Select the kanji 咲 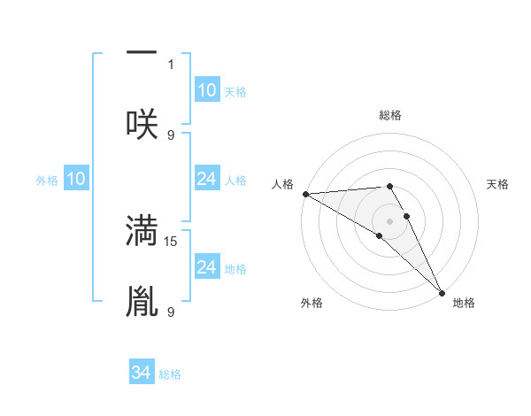point(142,123)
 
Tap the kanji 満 point(142,229)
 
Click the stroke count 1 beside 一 point(171,65)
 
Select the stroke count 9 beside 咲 point(171,135)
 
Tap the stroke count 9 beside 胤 point(171,312)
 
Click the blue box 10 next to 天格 point(207,90)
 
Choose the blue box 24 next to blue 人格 point(207,180)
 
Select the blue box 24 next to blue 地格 point(207,267)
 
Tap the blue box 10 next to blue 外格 point(76,180)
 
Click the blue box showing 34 point(142,373)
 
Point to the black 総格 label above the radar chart point(390,115)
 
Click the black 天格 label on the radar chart point(497,184)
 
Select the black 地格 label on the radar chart point(464,303)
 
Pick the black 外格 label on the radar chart point(312,303)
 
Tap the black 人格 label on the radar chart point(281,184)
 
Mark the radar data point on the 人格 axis point(305,194)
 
